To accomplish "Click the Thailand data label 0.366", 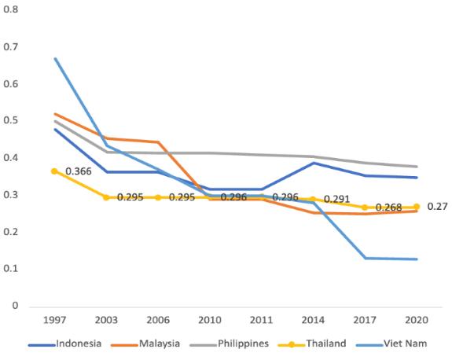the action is click(x=79, y=171).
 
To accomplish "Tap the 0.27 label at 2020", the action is click(x=437, y=207).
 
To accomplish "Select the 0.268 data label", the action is click(x=388, y=208).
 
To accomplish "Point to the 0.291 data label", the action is click(x=336, y=199).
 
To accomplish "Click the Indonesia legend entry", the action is click(x=65, y=343).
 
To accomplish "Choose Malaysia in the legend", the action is click(x=145, y=343).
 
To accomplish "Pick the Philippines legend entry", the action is click(x=230, y=343).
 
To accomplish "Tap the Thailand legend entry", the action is click(x=312, y=343).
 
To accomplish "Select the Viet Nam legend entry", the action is click(x=391, y=343).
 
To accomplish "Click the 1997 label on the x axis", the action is click(x=54, y=320).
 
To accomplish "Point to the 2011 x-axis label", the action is click(x=261, y=320).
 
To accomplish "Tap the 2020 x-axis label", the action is click(x=417, y=320).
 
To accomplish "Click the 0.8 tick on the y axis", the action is click(x=11, y=9).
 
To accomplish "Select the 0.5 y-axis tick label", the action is click(x=11, y=120).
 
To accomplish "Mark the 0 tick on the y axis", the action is click(x=15, y=305).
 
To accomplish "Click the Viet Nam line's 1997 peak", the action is click(x=55, y=58).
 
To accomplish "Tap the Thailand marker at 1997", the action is click(x=54, y=171).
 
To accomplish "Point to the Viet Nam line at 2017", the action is click(x=366, y=259).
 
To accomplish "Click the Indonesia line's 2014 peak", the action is click(x=314, y=163).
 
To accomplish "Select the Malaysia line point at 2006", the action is click(x=158, y=142).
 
